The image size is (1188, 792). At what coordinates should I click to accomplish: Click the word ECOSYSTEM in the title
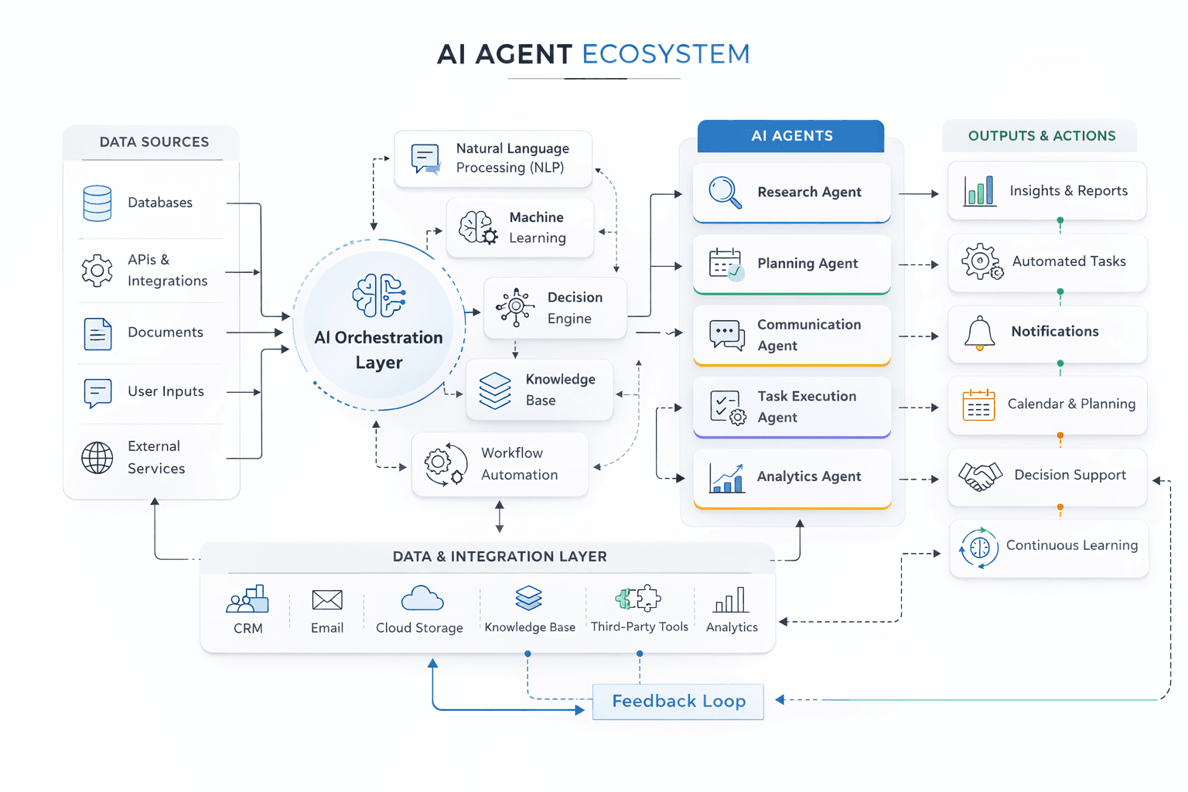point(665,54)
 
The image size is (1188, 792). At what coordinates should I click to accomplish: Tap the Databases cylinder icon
point(97,203)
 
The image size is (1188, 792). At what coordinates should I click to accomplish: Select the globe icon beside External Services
point(97,458)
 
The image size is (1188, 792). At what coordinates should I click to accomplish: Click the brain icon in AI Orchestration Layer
point(379,295)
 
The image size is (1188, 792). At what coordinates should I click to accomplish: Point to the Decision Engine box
point(555,308)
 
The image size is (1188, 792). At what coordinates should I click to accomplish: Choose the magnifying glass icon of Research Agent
point(725,193)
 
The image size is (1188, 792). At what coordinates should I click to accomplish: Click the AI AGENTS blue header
point(790,136)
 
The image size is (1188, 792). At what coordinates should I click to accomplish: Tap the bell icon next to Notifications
point(979,333)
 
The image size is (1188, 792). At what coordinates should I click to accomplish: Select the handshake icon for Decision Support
point(980,476)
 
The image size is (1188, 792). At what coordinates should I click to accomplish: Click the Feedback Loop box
point(678,702)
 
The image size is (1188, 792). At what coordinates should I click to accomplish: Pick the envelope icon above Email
point(327,599)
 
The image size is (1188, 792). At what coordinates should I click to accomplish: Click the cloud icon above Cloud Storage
point(422,599)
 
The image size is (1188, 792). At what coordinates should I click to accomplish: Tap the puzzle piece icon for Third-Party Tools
point(638,598)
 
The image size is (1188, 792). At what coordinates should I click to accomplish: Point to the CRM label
point(248,628)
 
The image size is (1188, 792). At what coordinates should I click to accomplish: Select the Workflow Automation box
point(500,464)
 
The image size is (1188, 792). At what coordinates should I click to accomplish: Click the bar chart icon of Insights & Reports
point(979,191)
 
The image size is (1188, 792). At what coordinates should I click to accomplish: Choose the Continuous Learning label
point(1071,545)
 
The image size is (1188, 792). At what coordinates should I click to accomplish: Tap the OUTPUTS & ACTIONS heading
point(1041,136)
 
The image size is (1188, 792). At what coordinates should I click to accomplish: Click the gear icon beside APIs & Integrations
point(97,271)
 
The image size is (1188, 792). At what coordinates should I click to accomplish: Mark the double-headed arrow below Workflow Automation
point(500,517)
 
